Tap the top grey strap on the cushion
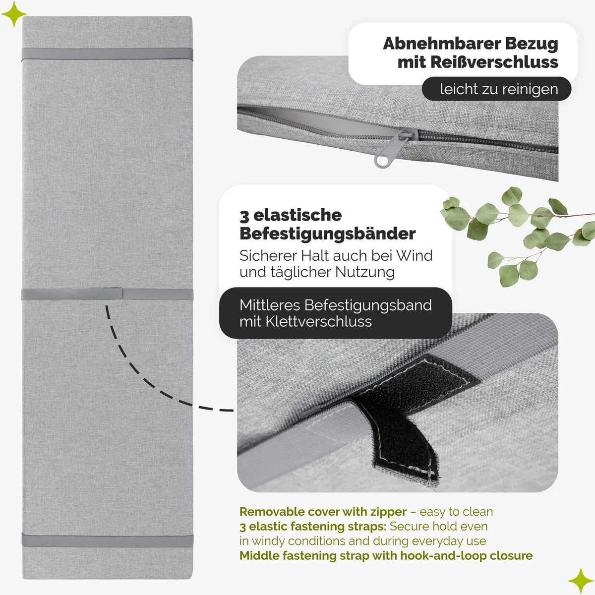[108, 55]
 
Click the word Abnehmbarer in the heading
[441, 44]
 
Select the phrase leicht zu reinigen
[499, 89]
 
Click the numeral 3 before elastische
[244, 216]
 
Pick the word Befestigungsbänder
[328, 234]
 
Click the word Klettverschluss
[319, 321]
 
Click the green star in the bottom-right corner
[581, 581]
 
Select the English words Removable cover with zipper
[323, 512]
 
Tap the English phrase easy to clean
[456, 512]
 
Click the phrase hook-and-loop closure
[466, 556]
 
